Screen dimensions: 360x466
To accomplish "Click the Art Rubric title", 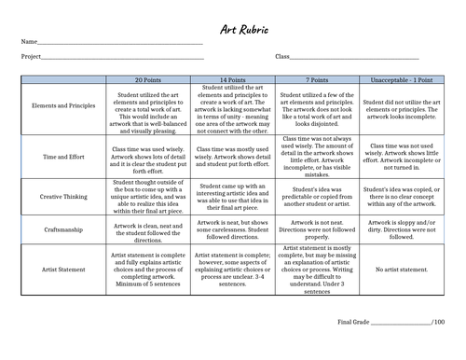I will pyautogui.click(x=233, y=29).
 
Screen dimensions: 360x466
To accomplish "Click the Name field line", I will pyautogui.click(x=121, y=44).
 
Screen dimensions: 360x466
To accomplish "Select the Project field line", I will pyautogui.click(x=125, y=59).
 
